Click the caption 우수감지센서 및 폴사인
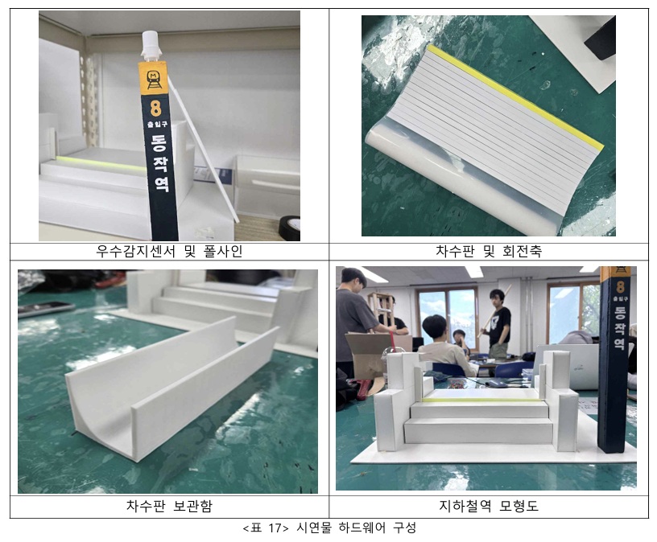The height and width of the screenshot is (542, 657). pyautogui.click(x=169, y=251)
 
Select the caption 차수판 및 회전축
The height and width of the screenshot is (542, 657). pyautogui.click(x=489, y=251)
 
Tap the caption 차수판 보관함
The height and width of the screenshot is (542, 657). pyautogui.click(x=169, y=506)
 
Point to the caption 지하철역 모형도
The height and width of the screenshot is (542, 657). pyautogui.click(x=489, y=506)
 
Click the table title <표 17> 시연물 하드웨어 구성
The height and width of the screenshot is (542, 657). pyautogui.click(x=329, y=528)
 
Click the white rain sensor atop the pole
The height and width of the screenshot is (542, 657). pyautogui.click(x=151, y=45)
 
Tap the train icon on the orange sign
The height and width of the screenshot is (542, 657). pyautogui.click(x=153, y=79)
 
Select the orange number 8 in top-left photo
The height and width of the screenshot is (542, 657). pyautogui.click(x=155, y=108)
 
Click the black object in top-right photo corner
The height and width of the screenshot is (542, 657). pyautogui.click(x=600, y=39)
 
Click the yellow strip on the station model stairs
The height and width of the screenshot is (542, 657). pyautogui.click(x=481, y=400)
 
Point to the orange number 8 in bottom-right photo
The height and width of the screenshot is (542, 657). pyautogui.click(x=620, y=287)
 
